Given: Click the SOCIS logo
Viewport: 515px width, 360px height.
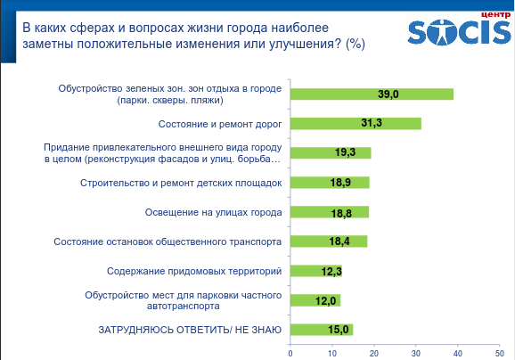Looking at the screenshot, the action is pyautogui.click(x=459, y=32).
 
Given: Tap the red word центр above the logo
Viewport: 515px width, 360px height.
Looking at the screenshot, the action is pyautogui.click(x=496, y=15).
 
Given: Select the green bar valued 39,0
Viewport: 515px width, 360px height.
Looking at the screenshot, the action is pyautogui.click(x=372, y=94).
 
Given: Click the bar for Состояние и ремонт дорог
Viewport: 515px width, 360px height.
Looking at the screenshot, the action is pyautogui.click(x=356, y=124).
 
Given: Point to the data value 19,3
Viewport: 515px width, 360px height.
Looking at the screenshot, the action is pyautogui.click(x=345, y=152).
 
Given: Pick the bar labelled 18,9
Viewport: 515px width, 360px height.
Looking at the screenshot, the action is pyautogui.click(x=330, y=183).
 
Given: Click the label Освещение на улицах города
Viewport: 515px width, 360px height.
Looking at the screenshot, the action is pyautogui.click(x=214, y=212).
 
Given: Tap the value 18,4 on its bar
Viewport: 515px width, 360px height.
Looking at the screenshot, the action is pyautogui.click(x=339, y=241).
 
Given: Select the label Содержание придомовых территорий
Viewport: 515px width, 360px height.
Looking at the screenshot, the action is pyautogui.click(x=194, y=271).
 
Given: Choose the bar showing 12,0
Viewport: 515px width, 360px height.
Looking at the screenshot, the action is pyautogui.click(x=315, y=300).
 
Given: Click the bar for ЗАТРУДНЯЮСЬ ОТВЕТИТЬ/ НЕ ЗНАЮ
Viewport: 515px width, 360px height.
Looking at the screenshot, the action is pyautogui.click(x=322, y=330).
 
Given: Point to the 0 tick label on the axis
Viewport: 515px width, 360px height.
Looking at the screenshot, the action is pyautogui.click(x=290, y=354).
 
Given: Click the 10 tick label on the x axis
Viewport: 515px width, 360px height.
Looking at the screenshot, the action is pyautogui.click(x=332, y=354).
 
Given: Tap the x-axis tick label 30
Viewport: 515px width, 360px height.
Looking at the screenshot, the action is pyautogui.click(x=416, y=354).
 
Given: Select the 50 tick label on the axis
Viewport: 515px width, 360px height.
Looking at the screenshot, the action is pyautogui.click(x=500, y=354).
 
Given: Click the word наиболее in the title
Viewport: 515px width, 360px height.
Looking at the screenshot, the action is pyautogui.click(x=300, y=28).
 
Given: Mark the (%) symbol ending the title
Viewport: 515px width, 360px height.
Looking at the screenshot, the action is pyautogui.click(x=356, y=44).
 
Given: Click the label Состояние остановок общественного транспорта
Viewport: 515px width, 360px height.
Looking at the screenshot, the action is pyautogui.click(x=168, y=241).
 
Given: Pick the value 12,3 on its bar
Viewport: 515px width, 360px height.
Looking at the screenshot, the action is pyautogui.click(x=331, y=272).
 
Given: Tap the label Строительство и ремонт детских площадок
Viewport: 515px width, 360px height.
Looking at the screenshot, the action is pyautogui.click(x=181, y=183).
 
